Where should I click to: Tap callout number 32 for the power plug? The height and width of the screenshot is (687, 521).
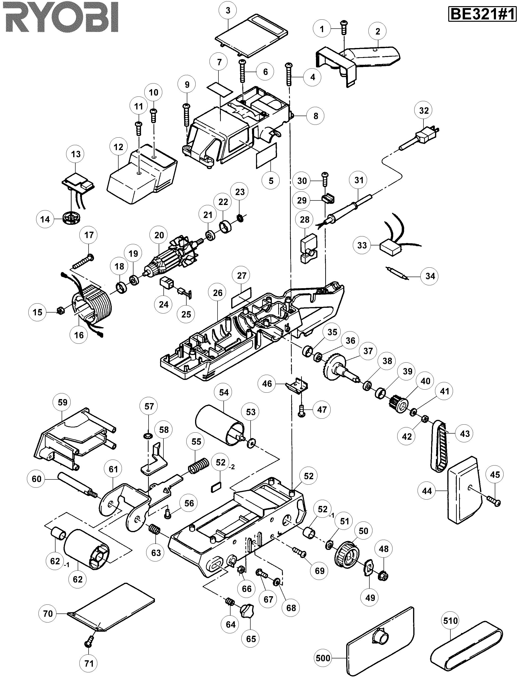pos(424,111)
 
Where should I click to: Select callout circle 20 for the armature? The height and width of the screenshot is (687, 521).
pos(159,235)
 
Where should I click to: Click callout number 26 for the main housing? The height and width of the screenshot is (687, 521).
pos(218,293)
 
